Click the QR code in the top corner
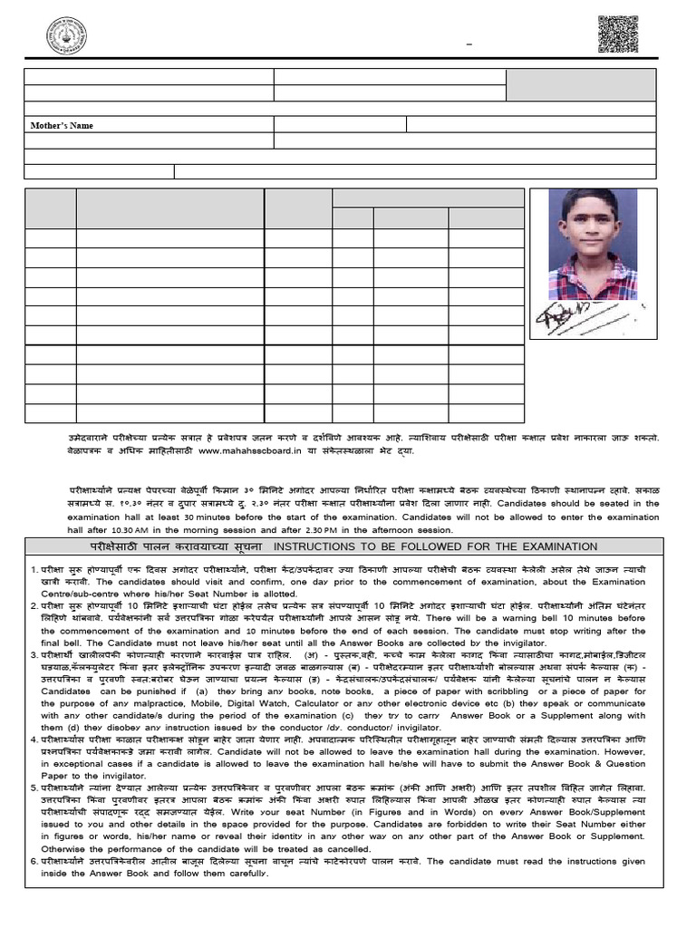click(x=618, y=34)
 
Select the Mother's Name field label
click(x=63, y=125)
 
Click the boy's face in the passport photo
click(x=589, y=223)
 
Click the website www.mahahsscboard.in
click(x=246, y=449)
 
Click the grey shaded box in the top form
click(x=581, y=84)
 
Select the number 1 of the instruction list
click(x=32, y=569)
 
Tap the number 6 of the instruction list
click(x=32, y=861)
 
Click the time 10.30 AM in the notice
click(x=119, y=529)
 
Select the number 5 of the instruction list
click(x=32, y=788)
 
